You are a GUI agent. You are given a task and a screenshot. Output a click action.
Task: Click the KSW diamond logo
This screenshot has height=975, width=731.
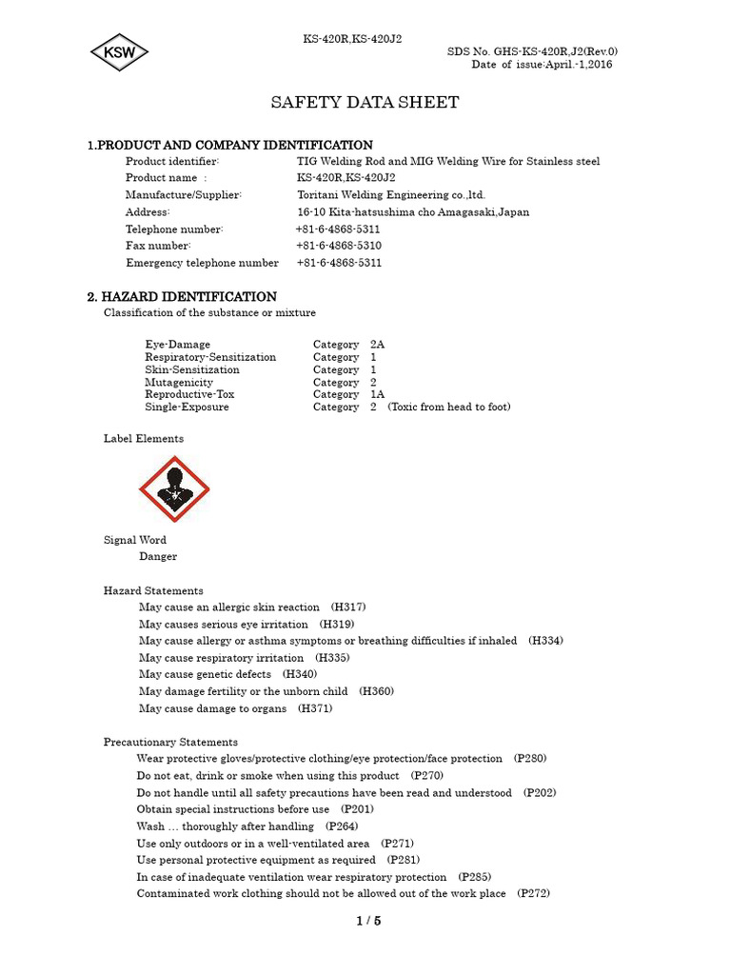120,52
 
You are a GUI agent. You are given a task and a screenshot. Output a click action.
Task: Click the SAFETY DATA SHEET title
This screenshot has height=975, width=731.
365,103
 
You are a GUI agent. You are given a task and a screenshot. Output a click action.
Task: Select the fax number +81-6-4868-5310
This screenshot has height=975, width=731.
339,246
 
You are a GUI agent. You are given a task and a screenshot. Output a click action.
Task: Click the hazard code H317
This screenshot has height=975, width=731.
348,607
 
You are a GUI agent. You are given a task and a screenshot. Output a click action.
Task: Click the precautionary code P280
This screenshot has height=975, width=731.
530,759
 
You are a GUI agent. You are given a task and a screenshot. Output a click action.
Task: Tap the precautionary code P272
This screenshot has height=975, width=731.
533,894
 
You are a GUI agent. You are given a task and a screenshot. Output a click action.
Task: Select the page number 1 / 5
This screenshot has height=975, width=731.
368,921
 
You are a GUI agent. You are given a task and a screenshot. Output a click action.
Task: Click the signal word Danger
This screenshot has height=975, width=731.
158,557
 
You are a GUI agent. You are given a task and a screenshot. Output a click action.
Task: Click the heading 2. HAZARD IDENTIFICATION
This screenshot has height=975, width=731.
182,297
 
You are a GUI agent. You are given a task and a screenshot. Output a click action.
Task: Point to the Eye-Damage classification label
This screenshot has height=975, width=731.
178,345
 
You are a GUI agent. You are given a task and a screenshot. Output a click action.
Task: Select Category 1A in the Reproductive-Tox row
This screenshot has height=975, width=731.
348,394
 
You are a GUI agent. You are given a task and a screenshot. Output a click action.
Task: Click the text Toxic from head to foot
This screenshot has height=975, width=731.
448,407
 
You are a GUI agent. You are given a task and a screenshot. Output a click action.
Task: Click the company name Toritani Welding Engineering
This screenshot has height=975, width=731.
390,195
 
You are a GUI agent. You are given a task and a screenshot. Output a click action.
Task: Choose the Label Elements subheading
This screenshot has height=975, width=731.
144,439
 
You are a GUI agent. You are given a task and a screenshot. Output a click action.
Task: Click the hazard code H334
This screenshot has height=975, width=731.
545,641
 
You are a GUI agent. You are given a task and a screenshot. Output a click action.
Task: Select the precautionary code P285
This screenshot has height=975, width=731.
475,877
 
